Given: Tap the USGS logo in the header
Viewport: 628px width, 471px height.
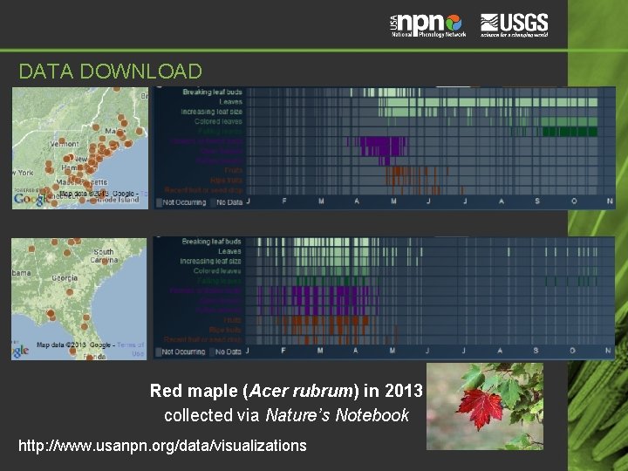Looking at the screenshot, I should [x=515, y=24].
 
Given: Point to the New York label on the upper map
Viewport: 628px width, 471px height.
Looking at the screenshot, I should [x=23, y=173].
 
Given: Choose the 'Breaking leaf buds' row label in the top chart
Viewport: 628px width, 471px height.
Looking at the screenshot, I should [x=212, y=92].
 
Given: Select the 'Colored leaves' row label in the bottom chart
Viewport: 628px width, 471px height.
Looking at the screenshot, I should [x=217, y=271].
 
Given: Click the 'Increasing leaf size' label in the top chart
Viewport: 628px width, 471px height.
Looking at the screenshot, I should [x=211, y=112].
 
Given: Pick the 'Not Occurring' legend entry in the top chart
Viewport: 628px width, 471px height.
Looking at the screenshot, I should [x=181, y=202].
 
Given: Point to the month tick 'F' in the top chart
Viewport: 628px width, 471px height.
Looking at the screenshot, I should [x=284, y=201].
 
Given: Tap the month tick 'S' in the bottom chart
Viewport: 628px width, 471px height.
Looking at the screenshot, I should [x=536, y=351].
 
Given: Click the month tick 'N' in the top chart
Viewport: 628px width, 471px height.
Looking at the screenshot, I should [x=609, y=201].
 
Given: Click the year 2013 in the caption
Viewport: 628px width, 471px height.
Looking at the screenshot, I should [x=403, y=390].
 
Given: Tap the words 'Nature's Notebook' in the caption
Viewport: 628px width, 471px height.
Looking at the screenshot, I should [x=338, y=415].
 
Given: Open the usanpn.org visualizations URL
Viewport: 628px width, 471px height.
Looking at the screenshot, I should [x=162, y=446].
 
